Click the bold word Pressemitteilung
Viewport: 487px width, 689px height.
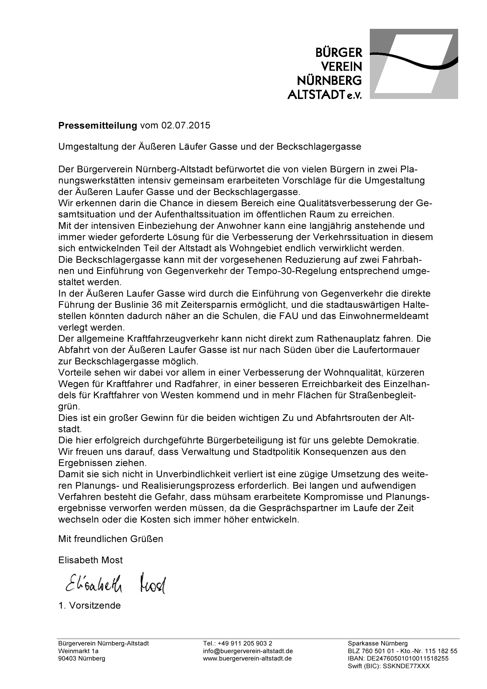coord(97,125)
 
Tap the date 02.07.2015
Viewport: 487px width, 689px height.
coord(185,125)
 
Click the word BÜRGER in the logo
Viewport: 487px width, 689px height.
coord(339,53)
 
